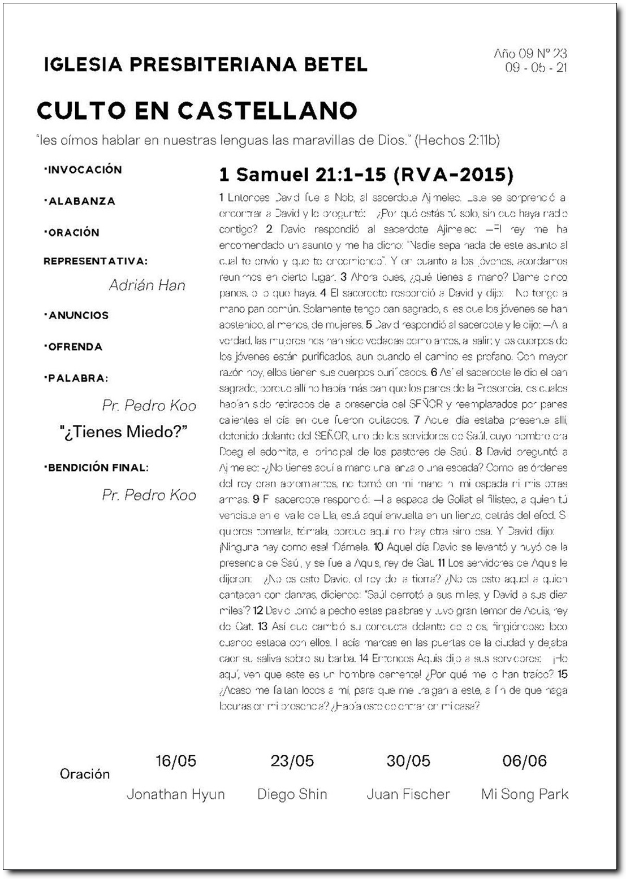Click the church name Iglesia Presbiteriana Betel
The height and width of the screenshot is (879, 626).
click(x=205, y=64)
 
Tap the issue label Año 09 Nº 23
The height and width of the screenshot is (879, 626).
click(x=530, y=54)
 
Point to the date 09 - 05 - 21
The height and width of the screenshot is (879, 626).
click(x=536, y=68)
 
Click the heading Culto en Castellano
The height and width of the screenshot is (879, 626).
click(x=197, y=111)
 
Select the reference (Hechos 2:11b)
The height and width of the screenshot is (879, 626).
click(x=457, y=140)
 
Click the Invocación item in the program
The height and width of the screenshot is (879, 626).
click(x=83, y=169)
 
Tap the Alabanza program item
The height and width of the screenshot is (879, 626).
click(x=80, y=201)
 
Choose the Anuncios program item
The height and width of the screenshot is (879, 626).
click(x=76, y=315)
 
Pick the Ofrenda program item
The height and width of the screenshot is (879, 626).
click(x=74, y=347)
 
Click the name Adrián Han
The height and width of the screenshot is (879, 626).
click(x=147, y=285)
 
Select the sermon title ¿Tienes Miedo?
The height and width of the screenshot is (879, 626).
click(x=123, y=432)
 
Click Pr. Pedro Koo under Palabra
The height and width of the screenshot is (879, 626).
click(x=149, y=406)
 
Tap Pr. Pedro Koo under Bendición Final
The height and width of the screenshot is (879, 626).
click(x=149, y=495)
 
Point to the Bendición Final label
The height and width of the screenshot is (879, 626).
click(x=96, y=468)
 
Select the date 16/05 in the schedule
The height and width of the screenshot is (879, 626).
click(x=176, y=761)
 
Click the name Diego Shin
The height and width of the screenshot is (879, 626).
click(x=292, y=794)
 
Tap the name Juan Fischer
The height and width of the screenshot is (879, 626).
click(x=408, y=794)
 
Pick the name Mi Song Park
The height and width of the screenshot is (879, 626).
click(x=525, y=794)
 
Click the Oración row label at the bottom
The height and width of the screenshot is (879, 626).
click(x=85, y=774)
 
